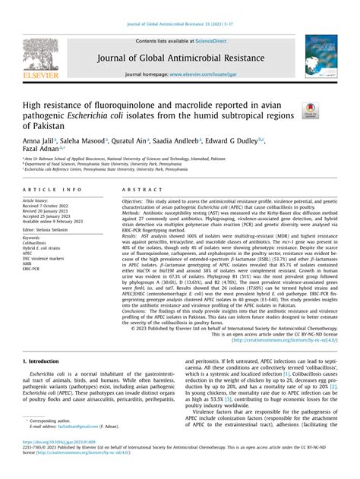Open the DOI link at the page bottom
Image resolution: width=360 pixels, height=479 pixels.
(62, 463)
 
